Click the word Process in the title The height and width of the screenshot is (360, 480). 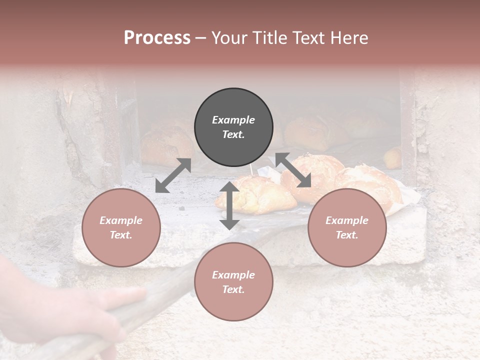(x=157, y=37)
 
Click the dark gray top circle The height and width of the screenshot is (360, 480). (x=233, y=127)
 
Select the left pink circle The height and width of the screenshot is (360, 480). (x=121, y=227)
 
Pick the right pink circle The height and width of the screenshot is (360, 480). (x=347, y=227)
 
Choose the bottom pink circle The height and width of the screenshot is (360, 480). (x=233, y=282)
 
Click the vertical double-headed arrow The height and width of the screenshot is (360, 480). (x=229, y=205)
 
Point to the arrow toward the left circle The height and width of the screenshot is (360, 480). (x=173, y=175)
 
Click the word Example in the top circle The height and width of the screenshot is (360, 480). (x=233, y=120)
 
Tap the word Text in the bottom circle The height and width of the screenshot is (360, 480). (x=233, y=289)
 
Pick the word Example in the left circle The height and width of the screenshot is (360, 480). (x=121, y=220)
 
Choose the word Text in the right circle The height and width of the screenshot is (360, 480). (x=347, y=235)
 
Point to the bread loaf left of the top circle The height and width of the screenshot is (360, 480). (x=167, y=145)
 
